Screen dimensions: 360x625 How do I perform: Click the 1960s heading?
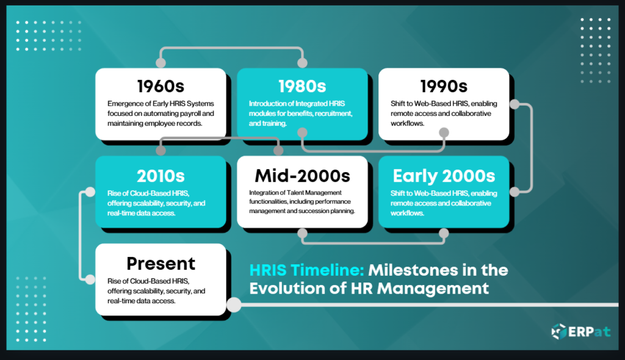(161, 86)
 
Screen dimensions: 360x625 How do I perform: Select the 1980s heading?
(302, 86)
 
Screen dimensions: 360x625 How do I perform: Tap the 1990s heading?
(444, 86)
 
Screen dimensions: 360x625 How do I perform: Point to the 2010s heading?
(161, 176)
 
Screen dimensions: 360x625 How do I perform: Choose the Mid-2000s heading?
(302, 176)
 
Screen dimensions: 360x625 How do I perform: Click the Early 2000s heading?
(444, 176)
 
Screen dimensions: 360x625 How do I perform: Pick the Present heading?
(161, 264)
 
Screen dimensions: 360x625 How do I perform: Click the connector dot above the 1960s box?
(161, 63)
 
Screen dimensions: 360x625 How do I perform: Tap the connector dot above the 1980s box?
(302, 63)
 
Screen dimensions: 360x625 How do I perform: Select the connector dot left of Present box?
(90, 279)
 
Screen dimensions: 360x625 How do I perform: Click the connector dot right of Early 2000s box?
(515, 192)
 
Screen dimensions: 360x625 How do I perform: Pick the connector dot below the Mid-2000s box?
(302, 233)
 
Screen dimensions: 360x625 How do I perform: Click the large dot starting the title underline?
(233, 303)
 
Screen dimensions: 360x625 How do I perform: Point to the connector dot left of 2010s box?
(90, 192)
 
